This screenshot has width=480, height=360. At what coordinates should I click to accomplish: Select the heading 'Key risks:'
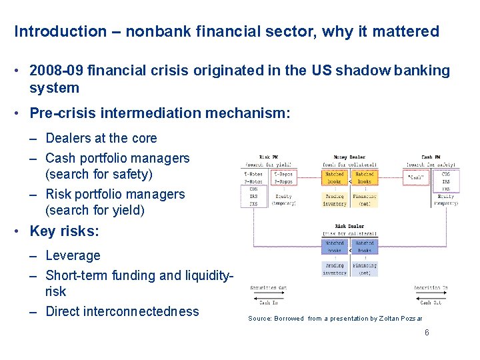point(64,231)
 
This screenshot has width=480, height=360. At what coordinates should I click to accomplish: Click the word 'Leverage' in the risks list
point(73,255)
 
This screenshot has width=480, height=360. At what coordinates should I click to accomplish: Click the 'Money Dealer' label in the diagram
point(350,157)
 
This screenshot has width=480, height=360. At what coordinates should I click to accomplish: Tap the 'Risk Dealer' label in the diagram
point(349,227)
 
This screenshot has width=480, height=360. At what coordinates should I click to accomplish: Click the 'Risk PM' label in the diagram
point(268,157)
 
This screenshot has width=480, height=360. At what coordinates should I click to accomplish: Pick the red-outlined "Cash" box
point(418,177)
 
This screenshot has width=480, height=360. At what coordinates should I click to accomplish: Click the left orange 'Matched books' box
point(335,177)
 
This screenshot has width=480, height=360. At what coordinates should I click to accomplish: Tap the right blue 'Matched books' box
point(365,247)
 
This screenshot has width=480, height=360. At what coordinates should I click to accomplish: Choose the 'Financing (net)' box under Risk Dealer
point(365,269)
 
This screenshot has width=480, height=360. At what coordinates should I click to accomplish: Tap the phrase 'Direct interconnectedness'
point(122,311)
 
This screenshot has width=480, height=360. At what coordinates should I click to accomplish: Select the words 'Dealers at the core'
point(101,139)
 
